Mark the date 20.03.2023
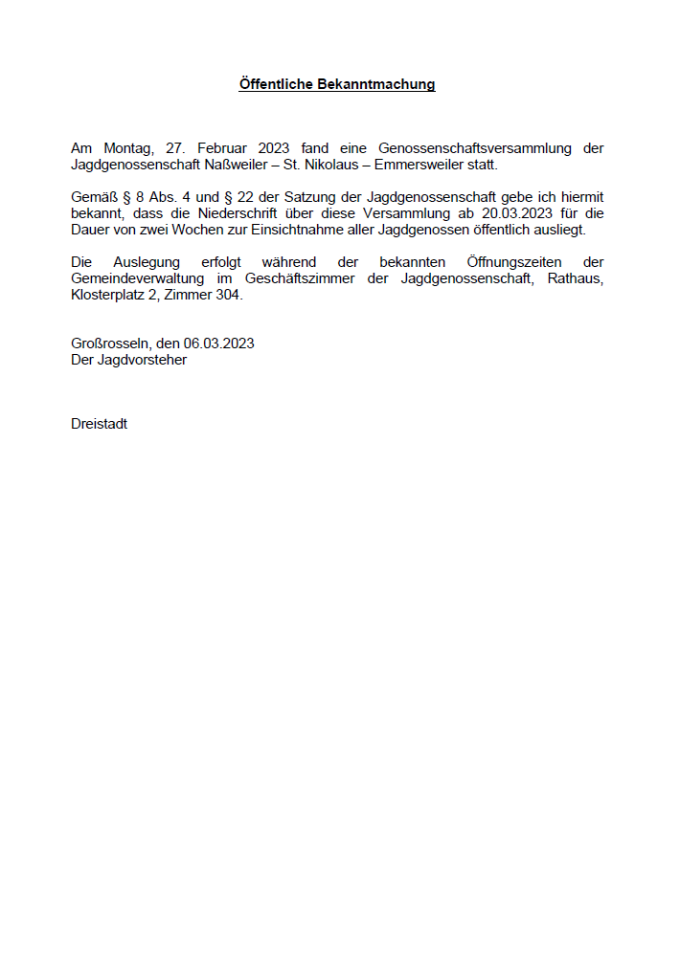click(517, 213)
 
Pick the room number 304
click(230, 295)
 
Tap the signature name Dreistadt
click(99, 424)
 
